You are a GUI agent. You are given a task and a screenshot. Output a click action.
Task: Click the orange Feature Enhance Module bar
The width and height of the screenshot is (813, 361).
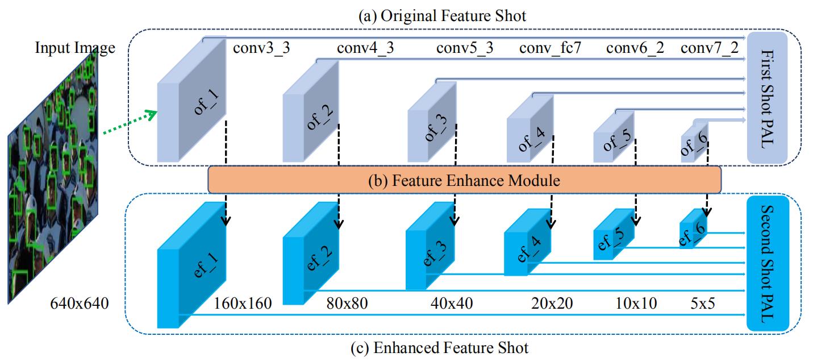464,181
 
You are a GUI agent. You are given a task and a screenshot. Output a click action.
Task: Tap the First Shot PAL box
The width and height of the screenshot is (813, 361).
766,96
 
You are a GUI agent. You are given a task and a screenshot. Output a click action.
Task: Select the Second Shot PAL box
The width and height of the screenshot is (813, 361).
766,264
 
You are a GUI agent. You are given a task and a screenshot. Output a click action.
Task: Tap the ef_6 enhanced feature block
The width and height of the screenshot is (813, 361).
693,229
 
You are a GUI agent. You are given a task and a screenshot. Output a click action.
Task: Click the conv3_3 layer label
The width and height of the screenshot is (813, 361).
261,48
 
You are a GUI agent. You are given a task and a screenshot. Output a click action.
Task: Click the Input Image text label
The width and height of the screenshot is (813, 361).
74,48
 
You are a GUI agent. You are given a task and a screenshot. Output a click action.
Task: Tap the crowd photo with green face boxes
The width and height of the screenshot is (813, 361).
54,182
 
